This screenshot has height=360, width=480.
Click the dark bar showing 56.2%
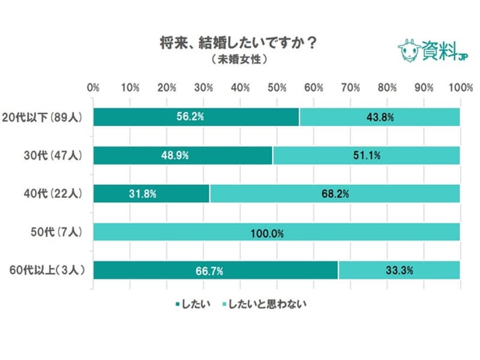coord(196,117)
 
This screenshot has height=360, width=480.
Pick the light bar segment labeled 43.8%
coord(380,117)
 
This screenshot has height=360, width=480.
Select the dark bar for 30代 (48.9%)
coord(183,155)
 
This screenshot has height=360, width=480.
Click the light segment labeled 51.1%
coord(366,155)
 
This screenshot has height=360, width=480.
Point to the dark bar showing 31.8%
coord(151,194)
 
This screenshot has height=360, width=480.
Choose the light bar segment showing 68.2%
coord(335,194)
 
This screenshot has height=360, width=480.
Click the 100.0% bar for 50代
coord(277,232)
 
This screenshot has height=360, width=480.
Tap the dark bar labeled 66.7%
coord(215,271)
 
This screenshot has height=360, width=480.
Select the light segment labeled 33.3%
coord(399,271)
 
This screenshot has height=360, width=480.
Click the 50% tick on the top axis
coord(277,88)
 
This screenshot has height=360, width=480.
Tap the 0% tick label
coord(93,88)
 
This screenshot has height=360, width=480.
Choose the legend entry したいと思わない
coord(265,304)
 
